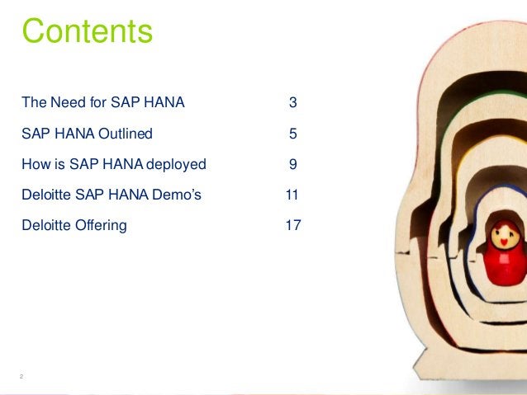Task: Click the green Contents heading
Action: (87, 33)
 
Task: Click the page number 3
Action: (292, 103)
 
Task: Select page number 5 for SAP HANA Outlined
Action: (292, 134)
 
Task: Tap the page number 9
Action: (292, 164)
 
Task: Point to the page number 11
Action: (292, 195)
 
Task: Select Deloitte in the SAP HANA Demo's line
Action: (45, 195)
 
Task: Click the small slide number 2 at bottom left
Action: (21, 377)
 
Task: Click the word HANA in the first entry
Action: (164, 103)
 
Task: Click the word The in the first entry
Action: (35, 103)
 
